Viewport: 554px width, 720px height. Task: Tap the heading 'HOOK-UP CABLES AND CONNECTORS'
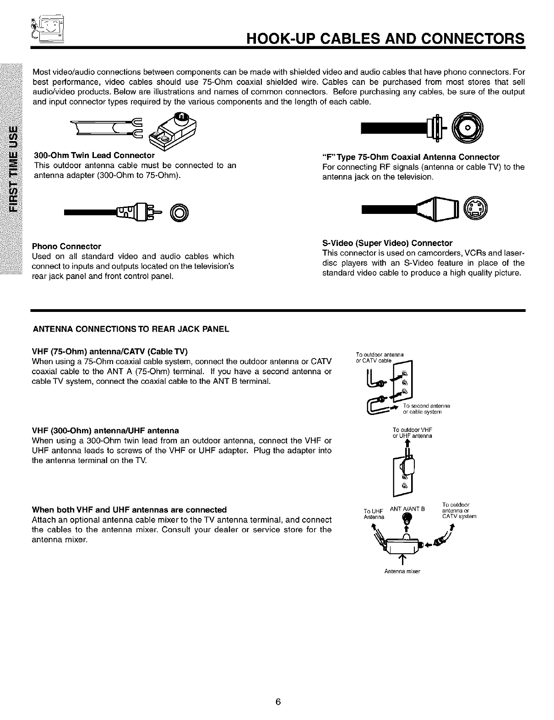click(385, 37)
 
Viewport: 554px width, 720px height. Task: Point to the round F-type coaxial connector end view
click(467, 128)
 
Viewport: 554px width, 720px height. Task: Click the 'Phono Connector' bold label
click(66, 246)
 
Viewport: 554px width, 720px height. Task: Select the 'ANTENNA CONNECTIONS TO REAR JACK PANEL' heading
click(130, 329)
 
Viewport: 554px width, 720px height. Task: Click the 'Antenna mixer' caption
click(402, 572)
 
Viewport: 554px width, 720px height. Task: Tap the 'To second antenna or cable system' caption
click(426, 409)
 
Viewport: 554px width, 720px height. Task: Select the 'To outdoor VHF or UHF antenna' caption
click(413, 433)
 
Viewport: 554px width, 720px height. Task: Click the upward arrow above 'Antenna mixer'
click(402, 560)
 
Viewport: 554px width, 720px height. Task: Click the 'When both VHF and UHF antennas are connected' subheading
click(130, 510)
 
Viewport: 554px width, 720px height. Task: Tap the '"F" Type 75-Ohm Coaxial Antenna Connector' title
click(411, 157)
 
